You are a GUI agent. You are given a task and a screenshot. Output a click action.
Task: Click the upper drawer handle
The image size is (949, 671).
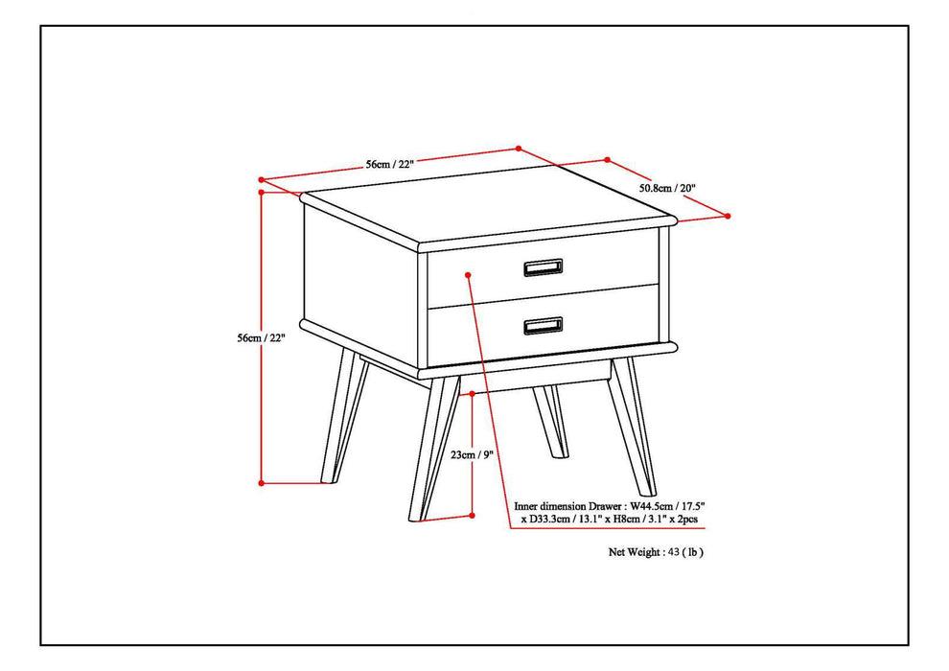(543, 266)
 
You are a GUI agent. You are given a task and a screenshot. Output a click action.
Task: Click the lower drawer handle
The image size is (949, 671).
(543, 327)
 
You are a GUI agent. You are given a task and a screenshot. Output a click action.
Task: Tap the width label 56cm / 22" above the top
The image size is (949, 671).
(389, 164)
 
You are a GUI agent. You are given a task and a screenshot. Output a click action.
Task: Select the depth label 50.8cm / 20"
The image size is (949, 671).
(667, 189)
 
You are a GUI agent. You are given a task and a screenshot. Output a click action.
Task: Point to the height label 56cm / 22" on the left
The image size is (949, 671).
(261, 337)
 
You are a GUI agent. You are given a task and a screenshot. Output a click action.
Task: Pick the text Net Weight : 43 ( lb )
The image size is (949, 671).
(657, 552)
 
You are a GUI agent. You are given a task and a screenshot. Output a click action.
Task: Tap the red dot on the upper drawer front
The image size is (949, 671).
(468, 275)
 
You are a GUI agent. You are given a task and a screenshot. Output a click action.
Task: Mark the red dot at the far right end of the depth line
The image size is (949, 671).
(728, 216)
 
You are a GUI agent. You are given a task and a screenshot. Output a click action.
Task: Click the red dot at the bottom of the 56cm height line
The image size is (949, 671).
(262, 482)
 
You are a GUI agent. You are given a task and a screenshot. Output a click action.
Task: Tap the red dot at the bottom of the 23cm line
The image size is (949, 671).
(473, 515)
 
